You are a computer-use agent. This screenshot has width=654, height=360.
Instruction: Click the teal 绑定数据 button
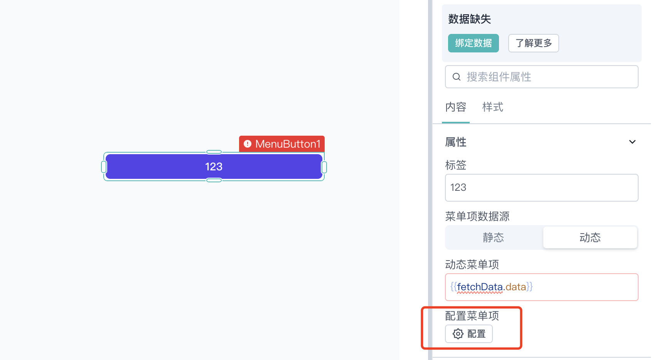pos(473,43)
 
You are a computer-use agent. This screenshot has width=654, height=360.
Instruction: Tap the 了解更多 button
pos(533,43)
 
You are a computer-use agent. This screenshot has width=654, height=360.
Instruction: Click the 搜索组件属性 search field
pos(541,77)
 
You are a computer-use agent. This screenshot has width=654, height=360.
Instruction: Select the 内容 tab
pos(456,107)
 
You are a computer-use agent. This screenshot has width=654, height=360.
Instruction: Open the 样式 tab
pos(492,107)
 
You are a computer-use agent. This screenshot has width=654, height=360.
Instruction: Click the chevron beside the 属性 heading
pos(632,142)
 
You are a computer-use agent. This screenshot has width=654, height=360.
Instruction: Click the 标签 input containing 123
pos(541,188)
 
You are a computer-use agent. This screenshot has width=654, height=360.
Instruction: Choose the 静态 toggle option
pos(494,237)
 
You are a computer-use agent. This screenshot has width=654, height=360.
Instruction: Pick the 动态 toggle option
pos(590,237)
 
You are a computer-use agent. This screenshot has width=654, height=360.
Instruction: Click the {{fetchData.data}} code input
pos(541,287)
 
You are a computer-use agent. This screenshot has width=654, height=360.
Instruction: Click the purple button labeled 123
pos(214,167)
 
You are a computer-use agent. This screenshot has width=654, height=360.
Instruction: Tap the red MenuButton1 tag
pos(282,144)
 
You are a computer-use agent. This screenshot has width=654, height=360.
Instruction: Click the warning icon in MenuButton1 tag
pos(247,144)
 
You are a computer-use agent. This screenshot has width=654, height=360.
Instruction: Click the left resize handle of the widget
pos(104,167)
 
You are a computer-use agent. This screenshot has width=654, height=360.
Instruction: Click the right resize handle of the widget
pos(324,167)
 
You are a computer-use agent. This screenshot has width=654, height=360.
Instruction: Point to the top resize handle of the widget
pos(214,152)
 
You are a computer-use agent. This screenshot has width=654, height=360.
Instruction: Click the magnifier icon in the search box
pos(456,77)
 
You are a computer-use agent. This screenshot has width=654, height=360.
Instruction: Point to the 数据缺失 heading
pos(469,19)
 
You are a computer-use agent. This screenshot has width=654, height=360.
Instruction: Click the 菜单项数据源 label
pos(477,217)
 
